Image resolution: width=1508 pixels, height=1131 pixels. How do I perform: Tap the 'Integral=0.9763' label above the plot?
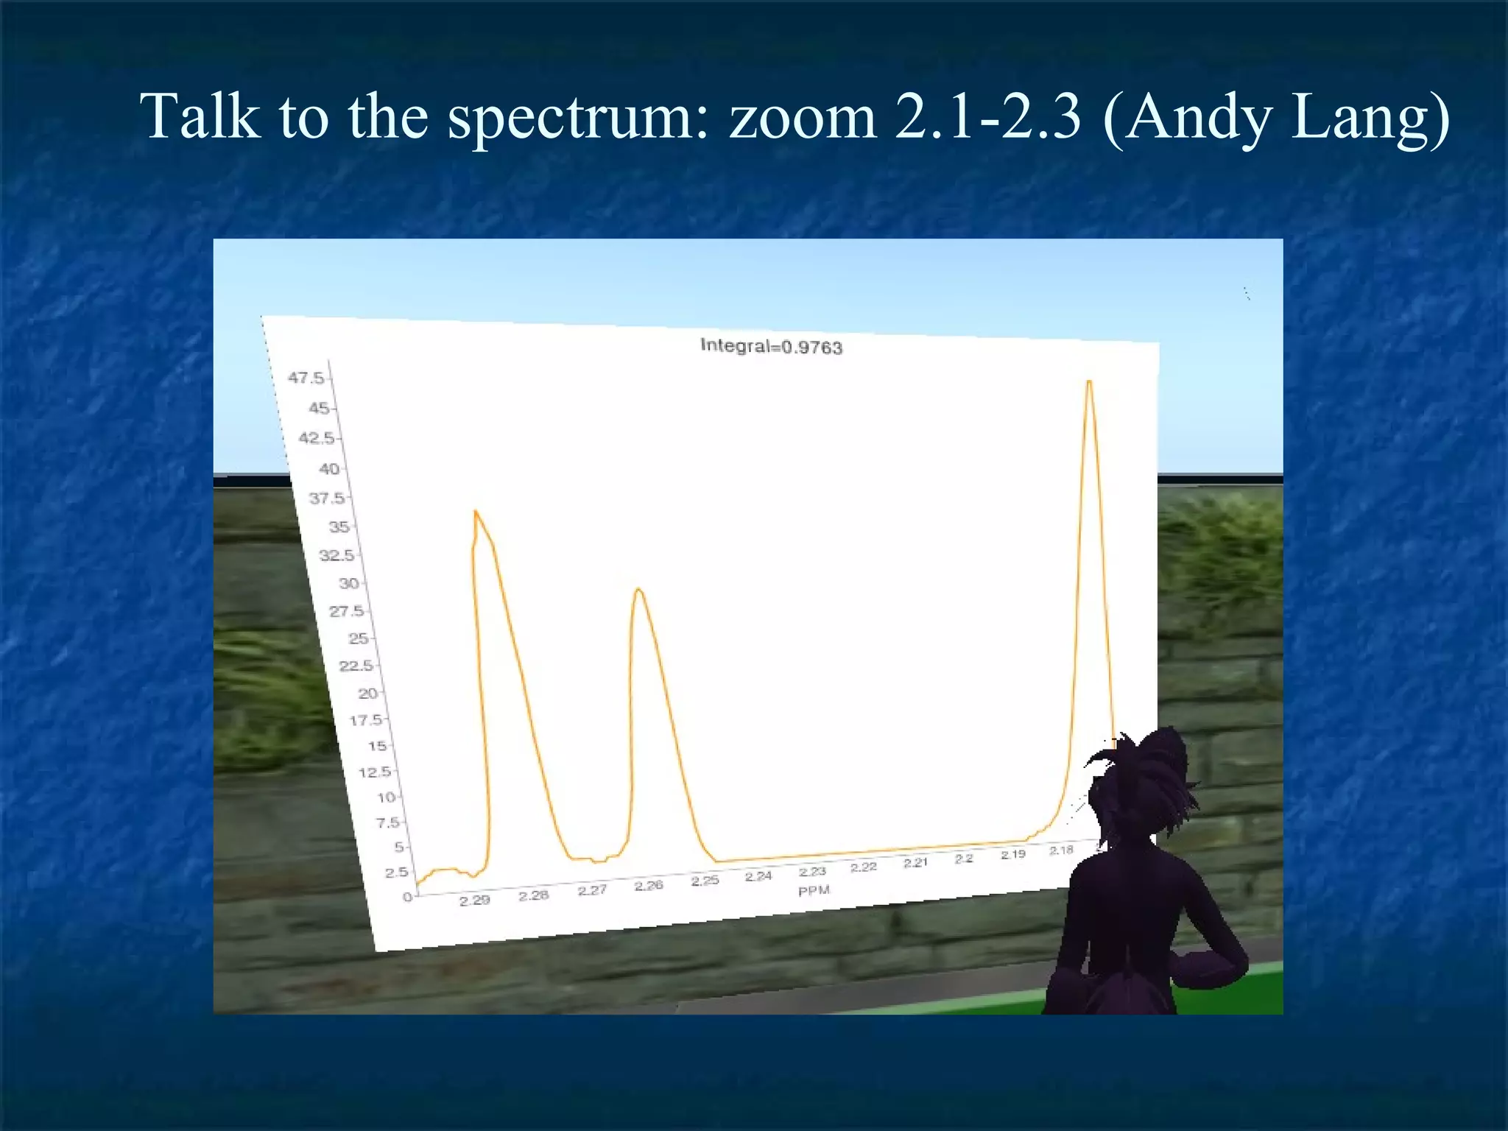tap(771, 346)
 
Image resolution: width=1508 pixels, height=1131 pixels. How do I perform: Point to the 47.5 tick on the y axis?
tap(306, 378)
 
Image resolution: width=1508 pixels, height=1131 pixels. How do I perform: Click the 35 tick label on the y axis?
tap(339, 526)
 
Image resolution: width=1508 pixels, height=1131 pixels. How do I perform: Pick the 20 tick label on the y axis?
tap(367, 693)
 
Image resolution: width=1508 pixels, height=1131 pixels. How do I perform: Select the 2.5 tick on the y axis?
tap(396, 872)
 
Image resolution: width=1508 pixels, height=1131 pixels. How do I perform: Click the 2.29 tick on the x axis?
tap(474, 900)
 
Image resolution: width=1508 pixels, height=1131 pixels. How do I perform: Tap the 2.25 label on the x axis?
tap(705, 880)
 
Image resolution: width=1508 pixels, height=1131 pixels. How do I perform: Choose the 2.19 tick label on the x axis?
tap(1012, 854)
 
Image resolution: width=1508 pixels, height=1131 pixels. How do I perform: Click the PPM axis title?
tap(814, 890)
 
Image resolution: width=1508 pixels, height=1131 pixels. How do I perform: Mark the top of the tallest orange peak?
tap(1089, 381)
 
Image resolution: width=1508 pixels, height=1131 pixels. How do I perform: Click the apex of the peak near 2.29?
tap(476, 511)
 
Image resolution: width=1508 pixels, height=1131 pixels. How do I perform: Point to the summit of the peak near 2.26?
tap(638, 589)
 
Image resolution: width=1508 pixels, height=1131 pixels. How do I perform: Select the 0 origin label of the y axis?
tap(406, 897)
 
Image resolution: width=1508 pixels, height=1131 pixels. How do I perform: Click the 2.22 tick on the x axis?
tap(863, 867)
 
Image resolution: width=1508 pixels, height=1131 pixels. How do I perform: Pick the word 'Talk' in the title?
tap(200, 118)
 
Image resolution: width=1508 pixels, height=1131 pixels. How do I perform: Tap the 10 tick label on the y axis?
tap(386, 797)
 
